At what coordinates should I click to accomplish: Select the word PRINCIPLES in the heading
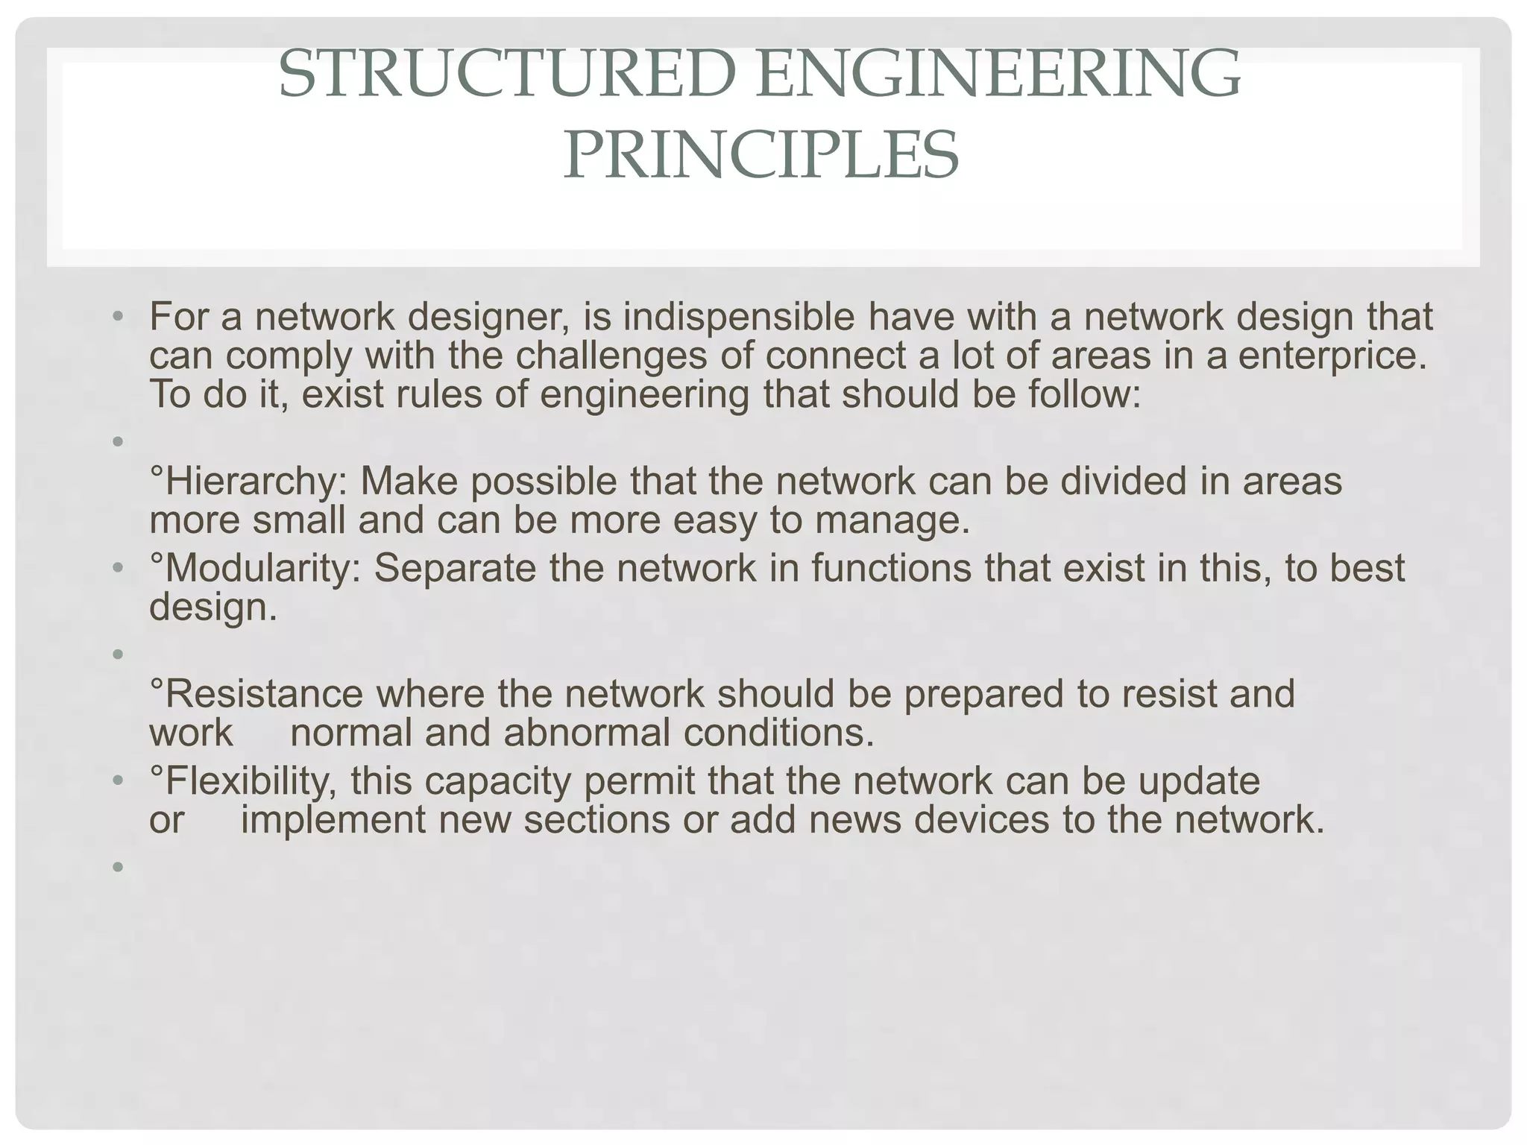coord(761,155)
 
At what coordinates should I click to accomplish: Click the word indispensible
coord(738,318)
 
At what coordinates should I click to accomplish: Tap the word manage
coord(891,520)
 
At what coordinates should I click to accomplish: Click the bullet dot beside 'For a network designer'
coord(117,318)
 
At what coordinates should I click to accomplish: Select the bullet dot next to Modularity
coord(117,569)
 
